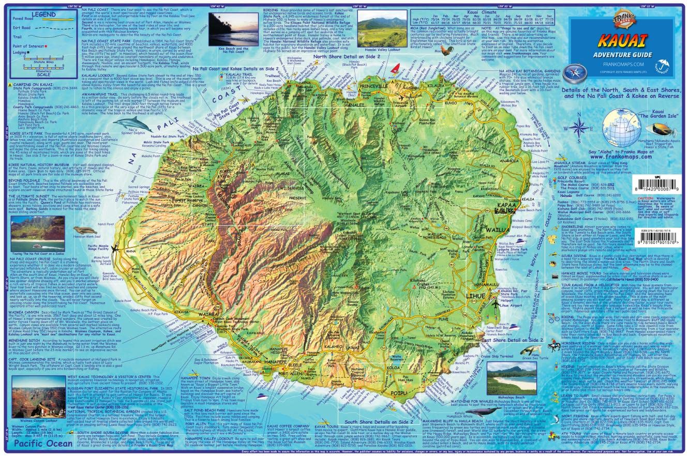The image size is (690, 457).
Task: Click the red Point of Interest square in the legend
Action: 46,46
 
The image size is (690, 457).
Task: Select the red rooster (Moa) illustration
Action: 444,52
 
